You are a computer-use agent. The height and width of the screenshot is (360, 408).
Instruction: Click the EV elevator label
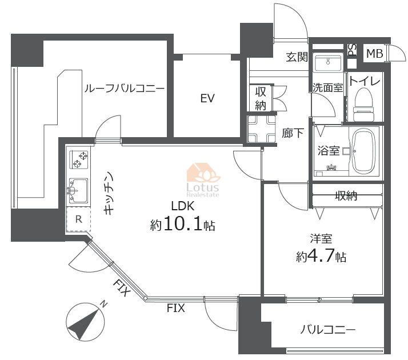207,98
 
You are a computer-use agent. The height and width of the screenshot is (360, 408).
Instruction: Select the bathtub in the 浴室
364,151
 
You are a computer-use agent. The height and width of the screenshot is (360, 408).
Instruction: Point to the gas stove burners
80,159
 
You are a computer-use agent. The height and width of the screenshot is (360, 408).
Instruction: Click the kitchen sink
78,190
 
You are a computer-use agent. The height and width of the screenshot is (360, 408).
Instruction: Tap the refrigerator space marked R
78,219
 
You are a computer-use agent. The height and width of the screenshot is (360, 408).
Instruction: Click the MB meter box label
375,54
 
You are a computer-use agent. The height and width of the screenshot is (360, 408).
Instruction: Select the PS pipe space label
353,50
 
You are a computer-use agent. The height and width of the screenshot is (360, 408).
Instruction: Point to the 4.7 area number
321,256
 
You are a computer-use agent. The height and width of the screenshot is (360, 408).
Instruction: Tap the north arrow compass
85,322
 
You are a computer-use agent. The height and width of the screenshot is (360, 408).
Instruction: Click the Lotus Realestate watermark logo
203,180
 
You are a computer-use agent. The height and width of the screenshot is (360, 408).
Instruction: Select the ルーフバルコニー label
125,89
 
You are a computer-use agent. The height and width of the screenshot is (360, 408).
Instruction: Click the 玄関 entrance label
297,57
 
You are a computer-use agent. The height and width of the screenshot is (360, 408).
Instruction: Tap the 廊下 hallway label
293,133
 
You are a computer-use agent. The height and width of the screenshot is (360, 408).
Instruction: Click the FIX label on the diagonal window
122,287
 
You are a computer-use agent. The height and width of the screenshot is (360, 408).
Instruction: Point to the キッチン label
109,194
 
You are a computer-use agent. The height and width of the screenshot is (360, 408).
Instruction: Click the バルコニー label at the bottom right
327,330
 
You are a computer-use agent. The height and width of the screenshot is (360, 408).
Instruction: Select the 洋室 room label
321,238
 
